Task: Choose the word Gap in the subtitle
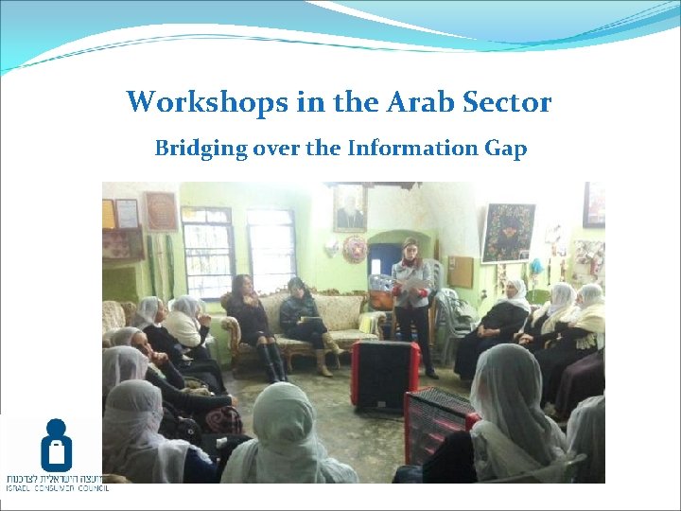(505, 150)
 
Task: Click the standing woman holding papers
(411, 298)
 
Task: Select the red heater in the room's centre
(384, 374)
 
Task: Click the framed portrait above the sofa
(349, 207)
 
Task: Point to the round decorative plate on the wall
(355, 249)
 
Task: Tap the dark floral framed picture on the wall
(508, 232)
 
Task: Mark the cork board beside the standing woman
(461, 272)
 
